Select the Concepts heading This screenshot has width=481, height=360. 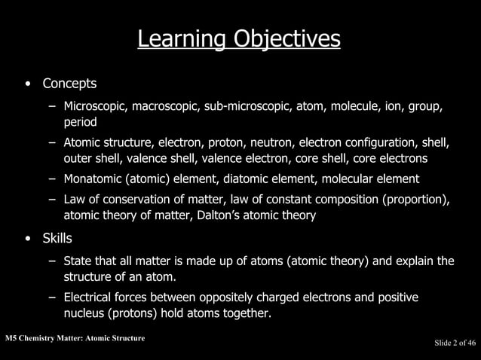69,82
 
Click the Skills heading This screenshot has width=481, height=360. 57,239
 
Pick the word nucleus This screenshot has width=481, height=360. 84,313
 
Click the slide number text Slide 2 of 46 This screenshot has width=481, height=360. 455,343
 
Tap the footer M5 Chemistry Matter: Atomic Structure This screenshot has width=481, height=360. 73,338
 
